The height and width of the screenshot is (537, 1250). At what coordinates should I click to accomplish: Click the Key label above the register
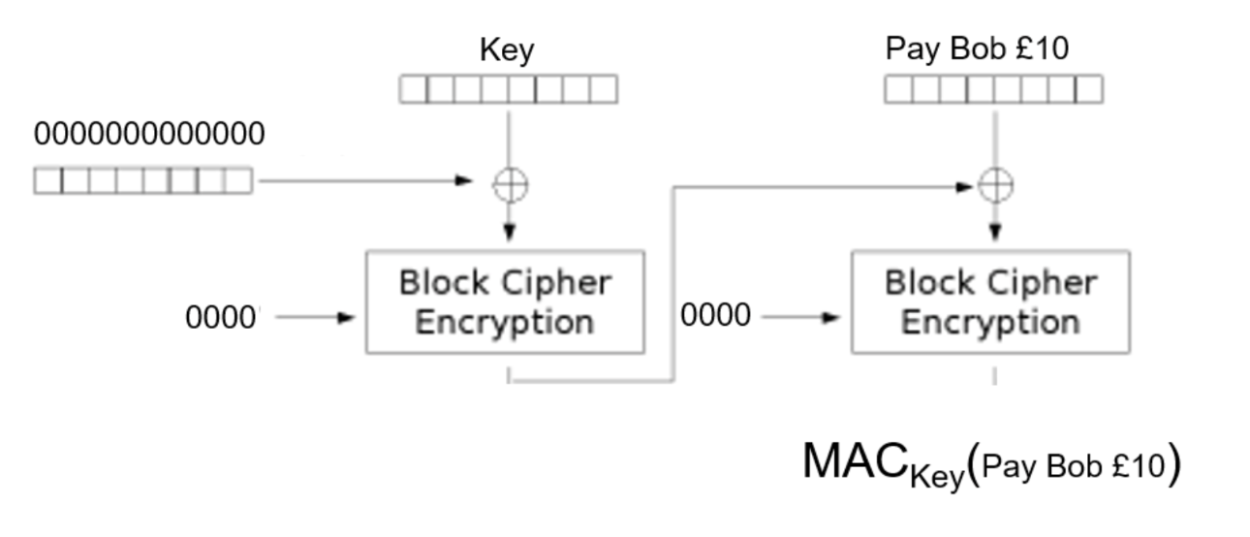click(507, 50)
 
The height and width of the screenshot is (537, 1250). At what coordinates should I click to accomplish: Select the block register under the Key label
click(509, 90)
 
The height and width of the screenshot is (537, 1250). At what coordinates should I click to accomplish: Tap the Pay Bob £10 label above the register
click(977, 48)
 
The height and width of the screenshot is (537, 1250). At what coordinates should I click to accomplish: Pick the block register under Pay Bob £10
click(994, 90)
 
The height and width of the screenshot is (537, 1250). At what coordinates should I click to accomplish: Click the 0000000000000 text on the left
click(149, 135)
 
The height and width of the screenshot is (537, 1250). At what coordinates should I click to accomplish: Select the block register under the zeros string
click(143, 180)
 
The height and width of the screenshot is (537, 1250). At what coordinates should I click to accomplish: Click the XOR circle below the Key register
click(510, 183)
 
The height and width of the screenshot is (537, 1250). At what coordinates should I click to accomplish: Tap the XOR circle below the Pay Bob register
click(995, 185)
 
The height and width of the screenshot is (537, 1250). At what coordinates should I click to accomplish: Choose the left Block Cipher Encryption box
click(504, 302)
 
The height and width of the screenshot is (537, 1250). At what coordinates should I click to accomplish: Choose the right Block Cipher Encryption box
click(990, 302)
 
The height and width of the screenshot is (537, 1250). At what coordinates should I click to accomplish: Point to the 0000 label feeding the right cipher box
click(715, 316)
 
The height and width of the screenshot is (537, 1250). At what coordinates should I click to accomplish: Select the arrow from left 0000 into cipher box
click(315, 317)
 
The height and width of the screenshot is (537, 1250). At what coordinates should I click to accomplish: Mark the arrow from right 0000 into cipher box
click(800, 317)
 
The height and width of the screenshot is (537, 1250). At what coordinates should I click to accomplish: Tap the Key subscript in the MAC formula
click(937, 476)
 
